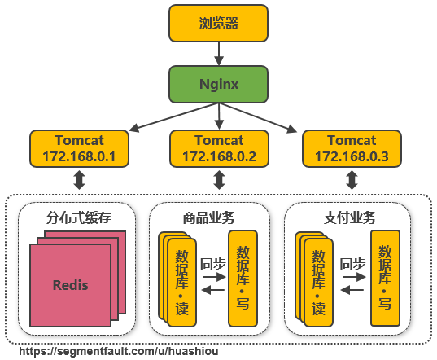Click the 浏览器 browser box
pyautogui.click(x=218, y=23)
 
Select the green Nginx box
pyautogui.click(x=218, y=84)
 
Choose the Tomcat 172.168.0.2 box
pyautogui.click(x=218, y=148)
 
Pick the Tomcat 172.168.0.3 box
pyautogui.click(x=352, y=148)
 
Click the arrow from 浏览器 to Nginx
pyautogui.click(x=218, y=54)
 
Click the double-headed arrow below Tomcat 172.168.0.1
pyautogui.click(x=80, y=180)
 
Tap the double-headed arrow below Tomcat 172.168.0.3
pyautogui.click(x=352, y=180)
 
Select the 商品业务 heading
pyautogui.click(x=209, y=217)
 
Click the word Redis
pyautogui.click(x=70, y=285)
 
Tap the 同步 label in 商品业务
pyautogui.click(x=212, y=264)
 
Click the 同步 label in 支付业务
pyautogui.click(x=352, y=264)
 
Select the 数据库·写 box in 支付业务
pyautogui.click(x=385, y=279)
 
